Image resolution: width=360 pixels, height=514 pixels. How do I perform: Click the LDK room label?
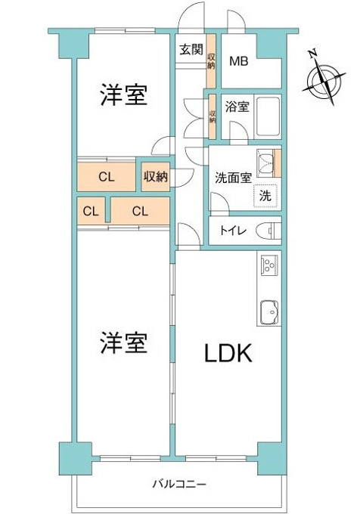pyautogui.click(x=228, y=353)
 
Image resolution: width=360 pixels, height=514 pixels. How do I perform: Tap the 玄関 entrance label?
pyautogui.click(x=191, y=49)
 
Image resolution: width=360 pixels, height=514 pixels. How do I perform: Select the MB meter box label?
pyautogui.click(x=239, y=61)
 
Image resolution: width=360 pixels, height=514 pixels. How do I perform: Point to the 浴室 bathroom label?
pyautogui.click(x=237, y=107)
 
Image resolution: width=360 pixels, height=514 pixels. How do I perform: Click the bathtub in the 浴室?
pyautogui.click(x=268, y=117)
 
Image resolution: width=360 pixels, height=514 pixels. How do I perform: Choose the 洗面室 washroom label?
pyautogui.click(x=233, y=178)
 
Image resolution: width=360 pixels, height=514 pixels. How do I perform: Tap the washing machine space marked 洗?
pyautogui.click(x=265, y=196)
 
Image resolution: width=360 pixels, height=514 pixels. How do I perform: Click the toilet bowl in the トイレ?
pyautogui.click(x=268, y=231)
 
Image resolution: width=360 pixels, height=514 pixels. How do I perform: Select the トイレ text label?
pyautogui.click(x=233, y=231)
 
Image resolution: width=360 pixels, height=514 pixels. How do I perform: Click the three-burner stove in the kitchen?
pyautogui.click(x=268, y=264)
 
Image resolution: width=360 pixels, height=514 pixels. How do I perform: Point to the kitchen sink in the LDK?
pyautogui.click(x=269, y=311)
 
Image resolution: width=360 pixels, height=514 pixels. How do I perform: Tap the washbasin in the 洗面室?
pyautogui.click(x=265, y=163)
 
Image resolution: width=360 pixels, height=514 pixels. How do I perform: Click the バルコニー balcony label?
pyautogui.click(x=179, y=485)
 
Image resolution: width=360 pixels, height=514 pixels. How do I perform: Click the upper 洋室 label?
pyautogui.click(x=123, y=94)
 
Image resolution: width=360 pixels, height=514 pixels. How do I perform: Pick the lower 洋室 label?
pyautogui.click(x=123, y=342)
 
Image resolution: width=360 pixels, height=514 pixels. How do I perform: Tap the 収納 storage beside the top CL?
pyautogui.click(x=156, y=177)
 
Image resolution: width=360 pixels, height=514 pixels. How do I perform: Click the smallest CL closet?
pyautogui.click(x=92, y=211)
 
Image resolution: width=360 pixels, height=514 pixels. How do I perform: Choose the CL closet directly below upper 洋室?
pyautogui.click(x=106, y=177)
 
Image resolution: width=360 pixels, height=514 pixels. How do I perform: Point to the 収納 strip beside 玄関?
pyautogui.click(x=211, y=61)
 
